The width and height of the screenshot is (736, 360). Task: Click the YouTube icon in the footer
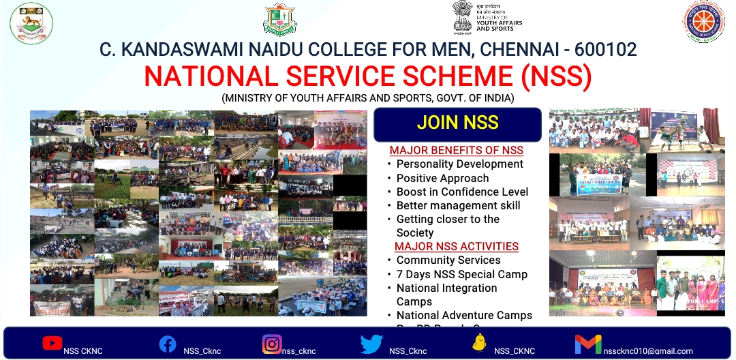coord(52,343)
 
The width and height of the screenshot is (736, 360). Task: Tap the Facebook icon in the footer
coord(168,344)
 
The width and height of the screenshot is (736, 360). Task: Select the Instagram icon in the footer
coord(272,344)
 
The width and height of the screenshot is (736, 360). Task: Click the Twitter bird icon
coord(371,344)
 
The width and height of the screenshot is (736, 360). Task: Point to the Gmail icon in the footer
coord(588,344)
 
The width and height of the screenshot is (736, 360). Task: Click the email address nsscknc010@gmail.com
coord(648,351)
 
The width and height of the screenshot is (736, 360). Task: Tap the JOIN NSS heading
coord(457,123)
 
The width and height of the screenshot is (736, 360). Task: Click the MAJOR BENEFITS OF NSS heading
coord(456,150)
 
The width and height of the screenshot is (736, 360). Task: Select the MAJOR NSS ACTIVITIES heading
coord(456,246)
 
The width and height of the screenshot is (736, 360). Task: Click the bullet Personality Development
coord(459,164)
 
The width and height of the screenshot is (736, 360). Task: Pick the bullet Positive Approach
coord(442,178)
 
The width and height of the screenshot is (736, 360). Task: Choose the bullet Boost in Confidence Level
coord(462,192)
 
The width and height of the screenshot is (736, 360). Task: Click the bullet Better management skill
coord(458,205)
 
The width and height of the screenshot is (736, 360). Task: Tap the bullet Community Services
coord(448,260)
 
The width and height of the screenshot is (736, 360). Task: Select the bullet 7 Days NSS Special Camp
coord(461,274)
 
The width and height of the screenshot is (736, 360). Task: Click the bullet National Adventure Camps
coord(464,315)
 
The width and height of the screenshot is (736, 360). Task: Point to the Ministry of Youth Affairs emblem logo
coord(463,16)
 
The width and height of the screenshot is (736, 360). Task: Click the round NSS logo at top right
coord(704,21)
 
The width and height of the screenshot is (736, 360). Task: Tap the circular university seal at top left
coord(31,22)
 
